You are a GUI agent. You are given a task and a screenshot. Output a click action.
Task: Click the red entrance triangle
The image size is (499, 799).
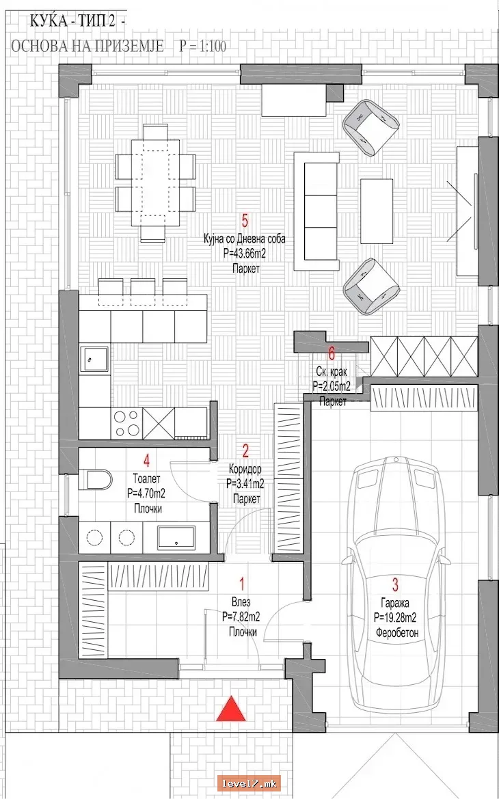(231, 709)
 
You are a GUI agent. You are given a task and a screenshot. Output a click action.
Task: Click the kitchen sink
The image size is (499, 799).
(94, 360)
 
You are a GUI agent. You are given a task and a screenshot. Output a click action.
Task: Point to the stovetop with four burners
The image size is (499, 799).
(126, 423)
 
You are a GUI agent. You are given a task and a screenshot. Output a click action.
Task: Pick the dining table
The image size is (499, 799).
(155, 182)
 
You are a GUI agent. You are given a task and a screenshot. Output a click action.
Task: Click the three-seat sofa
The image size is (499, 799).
(316, 211)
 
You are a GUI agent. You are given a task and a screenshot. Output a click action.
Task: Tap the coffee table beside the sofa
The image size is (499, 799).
(377, 211)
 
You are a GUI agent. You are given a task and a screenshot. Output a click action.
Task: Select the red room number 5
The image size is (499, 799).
(245, 221)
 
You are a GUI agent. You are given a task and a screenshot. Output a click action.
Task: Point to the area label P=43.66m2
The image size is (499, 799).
(245, 254)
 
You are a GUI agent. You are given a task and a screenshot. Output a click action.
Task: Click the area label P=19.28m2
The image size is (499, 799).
(395, 618)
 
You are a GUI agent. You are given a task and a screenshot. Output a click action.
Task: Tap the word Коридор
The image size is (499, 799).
(245, 468)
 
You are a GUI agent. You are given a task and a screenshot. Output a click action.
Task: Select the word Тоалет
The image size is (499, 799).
(146, 479)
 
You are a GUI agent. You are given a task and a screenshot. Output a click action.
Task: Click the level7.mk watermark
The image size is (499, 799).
(249, 783)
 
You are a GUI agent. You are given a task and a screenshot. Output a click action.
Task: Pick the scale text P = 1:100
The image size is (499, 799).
(202, 46)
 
